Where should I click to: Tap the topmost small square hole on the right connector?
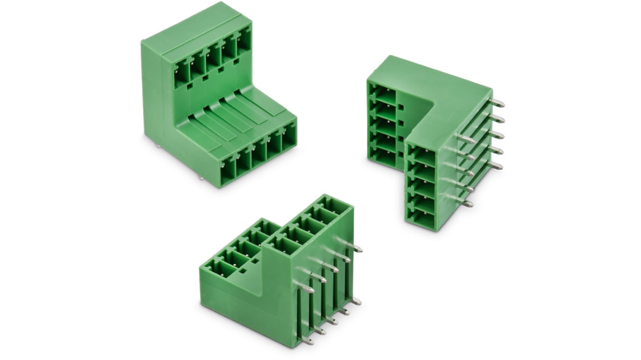point(401,107)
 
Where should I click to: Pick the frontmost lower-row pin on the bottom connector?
point(307,342)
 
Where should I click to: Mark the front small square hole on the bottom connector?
point(243,271)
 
